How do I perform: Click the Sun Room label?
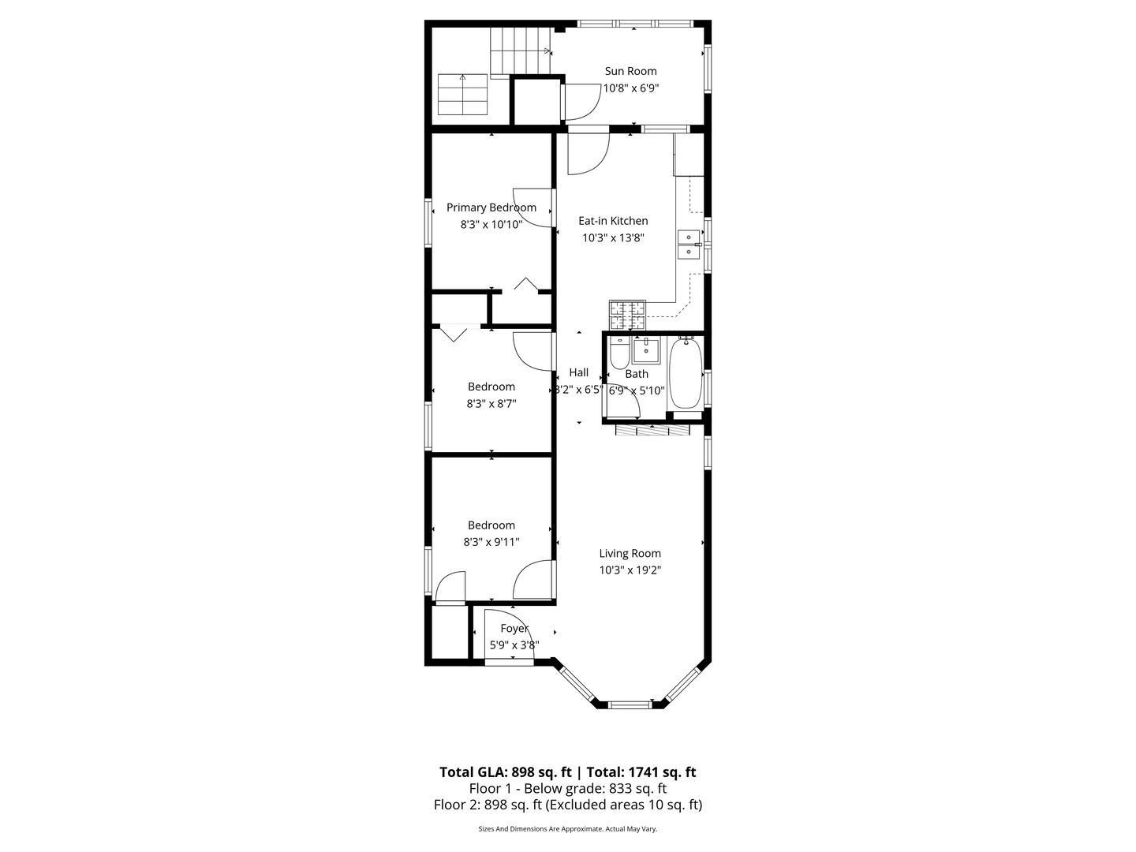pyautogui.click(x=630, y=71)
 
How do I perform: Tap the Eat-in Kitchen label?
pyautogui.click(x=613, y=221)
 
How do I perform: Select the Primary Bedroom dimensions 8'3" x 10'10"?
pyautogui.click(x=491, y=224)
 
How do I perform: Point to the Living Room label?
pyautogui.click(x=630, y=553)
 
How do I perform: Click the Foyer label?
pyautogui.click(x=514, y=628)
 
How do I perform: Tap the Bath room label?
pyautogui.click(x=637, y=374)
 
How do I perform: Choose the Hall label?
pyautogui.click(x=578, y=372)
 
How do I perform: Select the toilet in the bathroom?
pyautogui.click(x=618, y=355)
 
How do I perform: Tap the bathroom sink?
pyautogui.click(x=646, y=349)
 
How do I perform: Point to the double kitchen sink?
pyautogui.click(x=688, y=244)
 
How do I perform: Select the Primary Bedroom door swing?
pyautogui.click(x=530, y=207)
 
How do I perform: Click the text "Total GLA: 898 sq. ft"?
pyautogui.click(x=505, y=772)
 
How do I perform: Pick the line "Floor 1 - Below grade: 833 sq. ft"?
pyautogui.click(x=568, y=788)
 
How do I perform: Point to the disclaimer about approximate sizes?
pyautogui.click(x=568, y=829)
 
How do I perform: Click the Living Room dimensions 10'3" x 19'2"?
pyautogui.click(x=630, y=570)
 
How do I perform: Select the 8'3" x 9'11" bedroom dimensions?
pyautogui.click(x=491, y=542)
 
